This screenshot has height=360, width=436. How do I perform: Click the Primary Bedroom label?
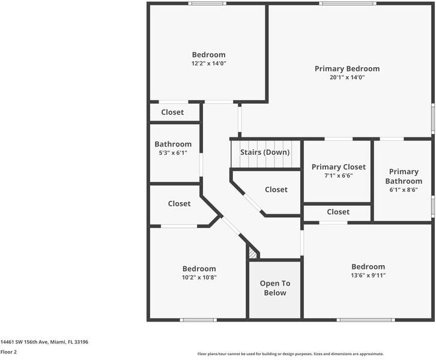(x=347, y=68)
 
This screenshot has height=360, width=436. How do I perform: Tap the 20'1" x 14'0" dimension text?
(x=347, y=77)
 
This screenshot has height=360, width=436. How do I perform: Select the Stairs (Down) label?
(x=265, y=152)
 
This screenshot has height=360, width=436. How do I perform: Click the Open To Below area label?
(x=274, y=288)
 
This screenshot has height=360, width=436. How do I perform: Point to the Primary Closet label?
(x=338, y=167)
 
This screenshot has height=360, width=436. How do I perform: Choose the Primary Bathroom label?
(x=403, y=176)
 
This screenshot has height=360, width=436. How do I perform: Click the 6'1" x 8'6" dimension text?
(x=403, y=190)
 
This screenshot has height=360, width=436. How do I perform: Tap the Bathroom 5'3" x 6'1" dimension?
(x=173, y=153)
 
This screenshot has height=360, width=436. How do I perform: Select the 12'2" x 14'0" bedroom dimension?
(x=208, y=64)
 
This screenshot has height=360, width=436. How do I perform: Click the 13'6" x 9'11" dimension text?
(x=368, y=275)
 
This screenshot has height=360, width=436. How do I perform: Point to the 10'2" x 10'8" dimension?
(x=199, y=277)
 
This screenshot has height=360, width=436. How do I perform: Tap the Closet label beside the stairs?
(x=276, y=190)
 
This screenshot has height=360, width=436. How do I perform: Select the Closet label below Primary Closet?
(x=338, y=212)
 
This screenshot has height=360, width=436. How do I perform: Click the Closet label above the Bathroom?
(x=172, y=112)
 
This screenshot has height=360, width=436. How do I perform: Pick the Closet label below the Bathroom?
(x=179, y=204)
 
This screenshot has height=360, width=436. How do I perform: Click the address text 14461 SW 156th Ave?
(x=44, y=342)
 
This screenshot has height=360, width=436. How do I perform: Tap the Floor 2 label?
(x=8, y=352)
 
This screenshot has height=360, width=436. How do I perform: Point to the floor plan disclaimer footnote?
(x=290, y=354)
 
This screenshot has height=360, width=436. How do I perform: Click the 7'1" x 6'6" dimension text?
(x=338, y=176)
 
